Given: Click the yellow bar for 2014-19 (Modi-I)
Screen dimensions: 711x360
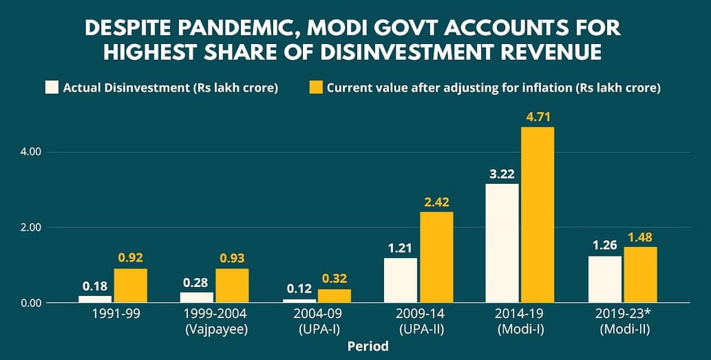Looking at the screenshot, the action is [x=538, y=215].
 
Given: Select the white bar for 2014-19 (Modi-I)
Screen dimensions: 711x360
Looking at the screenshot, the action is [x=502, y=243].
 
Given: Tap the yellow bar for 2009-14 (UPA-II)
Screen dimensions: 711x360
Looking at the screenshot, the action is [x=436, y=257].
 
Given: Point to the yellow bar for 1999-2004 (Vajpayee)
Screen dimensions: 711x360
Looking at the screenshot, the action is [x=232, y=286].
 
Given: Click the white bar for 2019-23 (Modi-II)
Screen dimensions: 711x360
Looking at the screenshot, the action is [x=605, y=279].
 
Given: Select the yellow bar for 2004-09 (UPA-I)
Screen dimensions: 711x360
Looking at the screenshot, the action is [x=335, y=295].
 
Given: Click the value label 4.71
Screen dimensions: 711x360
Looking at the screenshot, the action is [x=538, y=116].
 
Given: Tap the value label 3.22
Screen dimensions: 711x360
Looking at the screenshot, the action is [x=502, y=173].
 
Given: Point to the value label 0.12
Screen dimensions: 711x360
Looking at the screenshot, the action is [x=300, y=289].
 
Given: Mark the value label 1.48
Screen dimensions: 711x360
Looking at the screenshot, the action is [x=640, y=237].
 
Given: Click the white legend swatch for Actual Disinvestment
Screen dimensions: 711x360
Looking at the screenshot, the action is [x=52, y=87].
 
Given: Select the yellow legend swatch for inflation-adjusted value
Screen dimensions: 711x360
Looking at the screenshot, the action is [x=316, y=87].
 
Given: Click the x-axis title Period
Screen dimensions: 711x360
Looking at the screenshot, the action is [x=368, y=347].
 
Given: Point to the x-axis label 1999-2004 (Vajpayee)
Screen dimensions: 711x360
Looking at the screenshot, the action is [x=216, y=321].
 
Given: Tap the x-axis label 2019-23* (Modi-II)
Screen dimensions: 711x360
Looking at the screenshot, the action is [x=625, y=321].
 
